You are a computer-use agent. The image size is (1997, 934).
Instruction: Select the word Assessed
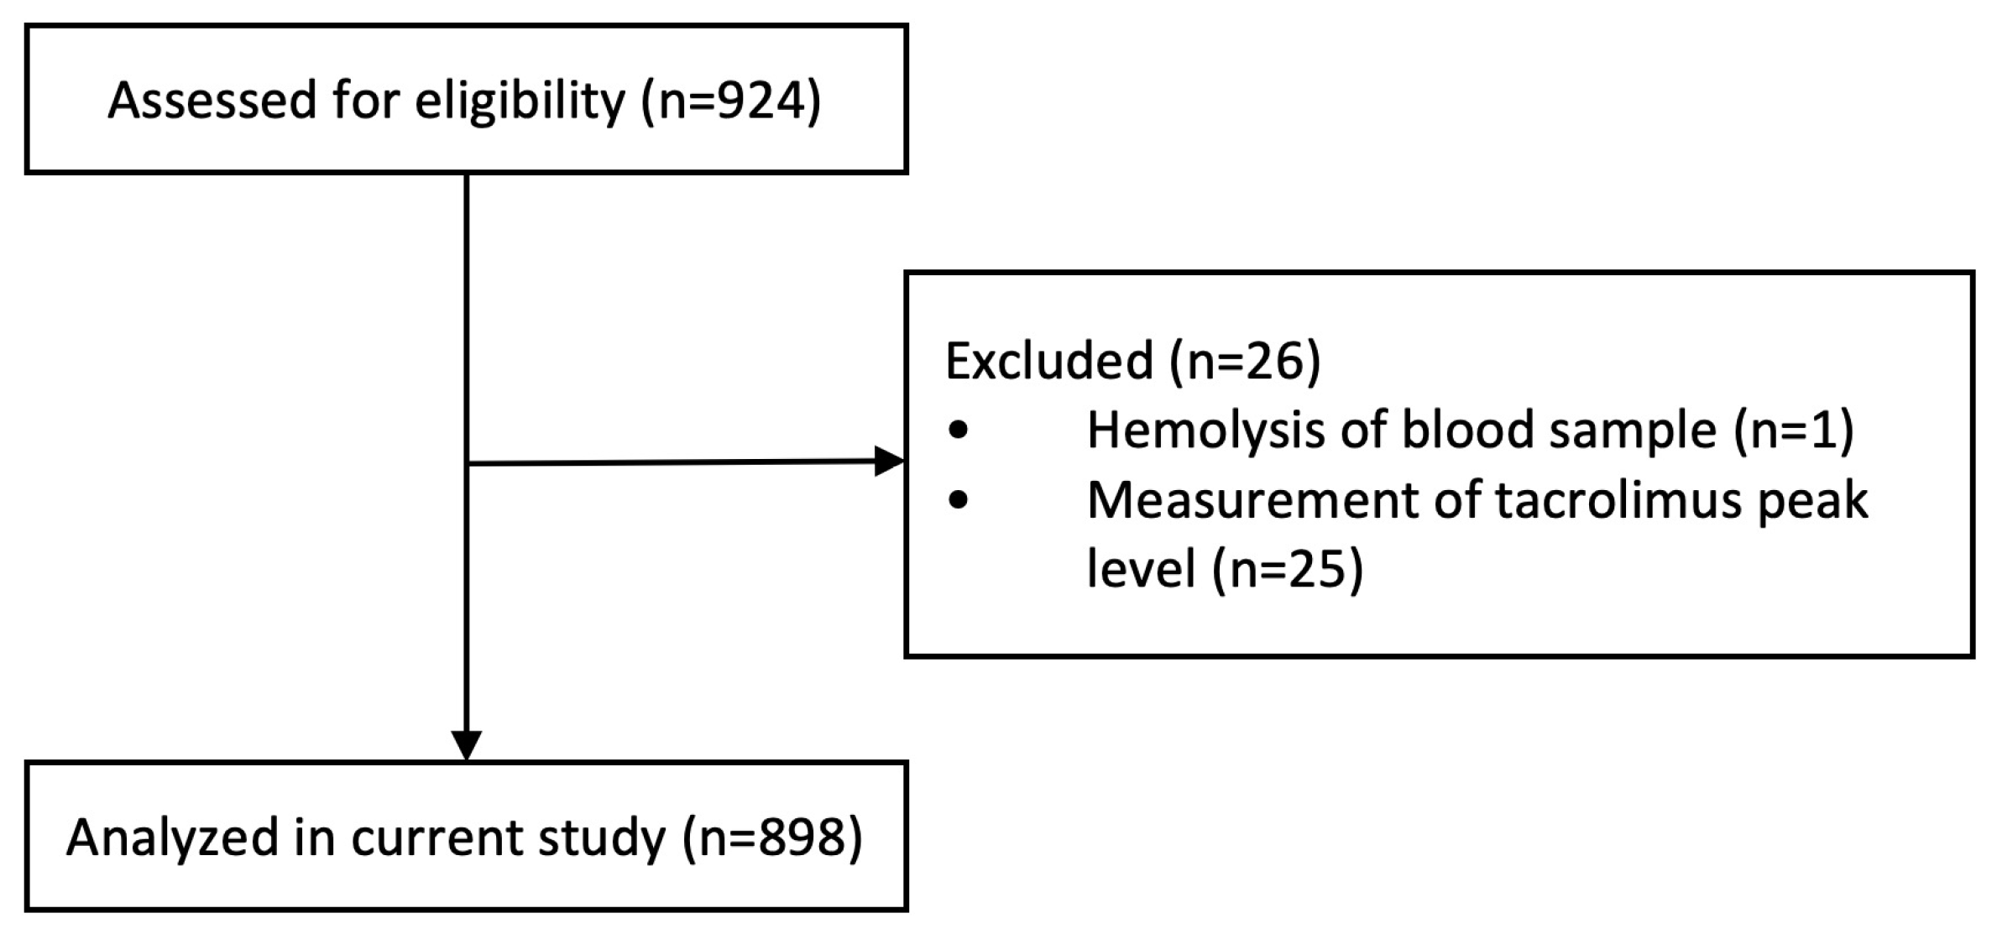pos(212,101)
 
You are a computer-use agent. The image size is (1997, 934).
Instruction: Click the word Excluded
pos(1048,361)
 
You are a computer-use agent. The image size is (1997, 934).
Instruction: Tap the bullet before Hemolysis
pos(958,432)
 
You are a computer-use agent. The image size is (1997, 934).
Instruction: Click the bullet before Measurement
pos(958,501)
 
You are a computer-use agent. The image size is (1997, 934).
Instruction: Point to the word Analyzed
pos(172,837)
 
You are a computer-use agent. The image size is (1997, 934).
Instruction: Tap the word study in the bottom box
pos(601,837)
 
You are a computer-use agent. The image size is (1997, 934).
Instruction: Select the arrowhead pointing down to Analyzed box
pos(467,744)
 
